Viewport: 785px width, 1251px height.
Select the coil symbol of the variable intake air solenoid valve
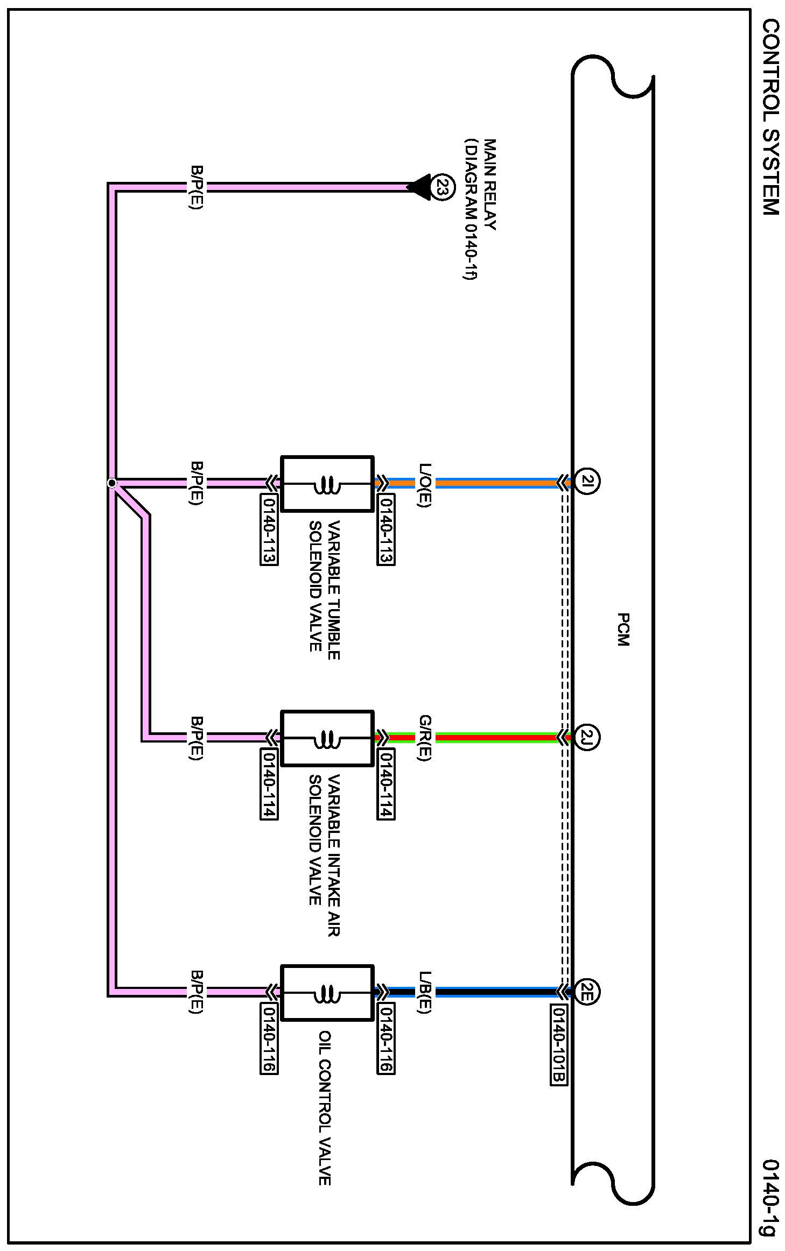pos(327,738)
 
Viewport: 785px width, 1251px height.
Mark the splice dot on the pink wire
pos(112,483)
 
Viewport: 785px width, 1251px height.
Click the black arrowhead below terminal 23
pos(419,187)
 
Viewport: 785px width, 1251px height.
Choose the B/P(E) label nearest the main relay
pos(197,187)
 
